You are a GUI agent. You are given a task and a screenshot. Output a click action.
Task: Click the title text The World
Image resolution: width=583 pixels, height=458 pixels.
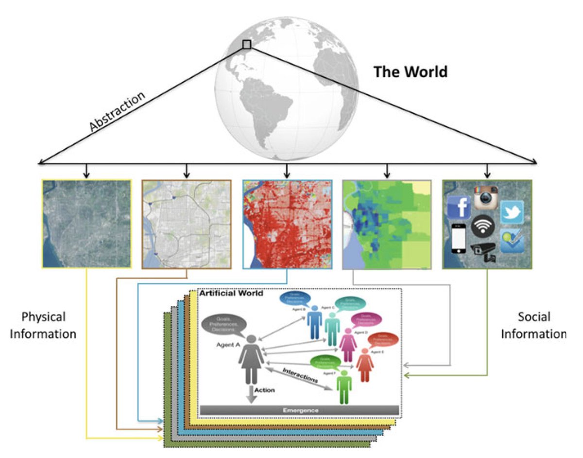(411, 72)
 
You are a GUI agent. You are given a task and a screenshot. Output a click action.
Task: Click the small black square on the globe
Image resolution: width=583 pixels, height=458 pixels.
(247, 45)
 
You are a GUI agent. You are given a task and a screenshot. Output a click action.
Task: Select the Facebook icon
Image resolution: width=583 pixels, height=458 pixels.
(459, 207)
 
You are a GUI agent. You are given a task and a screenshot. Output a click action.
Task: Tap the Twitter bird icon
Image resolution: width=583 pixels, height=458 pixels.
(512, 212)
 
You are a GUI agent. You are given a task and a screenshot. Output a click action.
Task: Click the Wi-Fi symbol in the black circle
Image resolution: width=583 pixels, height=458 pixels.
(482, 226)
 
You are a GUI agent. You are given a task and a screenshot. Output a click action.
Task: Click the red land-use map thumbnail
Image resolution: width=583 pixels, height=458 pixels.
(287, 224)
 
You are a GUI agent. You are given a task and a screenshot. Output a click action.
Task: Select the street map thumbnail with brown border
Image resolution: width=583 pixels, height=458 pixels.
(187, 224)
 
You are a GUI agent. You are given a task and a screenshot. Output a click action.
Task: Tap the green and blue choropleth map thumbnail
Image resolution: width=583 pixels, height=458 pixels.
(387, 224)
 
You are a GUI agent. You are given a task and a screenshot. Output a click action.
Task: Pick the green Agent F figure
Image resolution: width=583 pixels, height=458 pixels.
(344, 387)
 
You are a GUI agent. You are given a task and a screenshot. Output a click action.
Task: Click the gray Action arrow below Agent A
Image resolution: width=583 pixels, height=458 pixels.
(251, 393)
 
